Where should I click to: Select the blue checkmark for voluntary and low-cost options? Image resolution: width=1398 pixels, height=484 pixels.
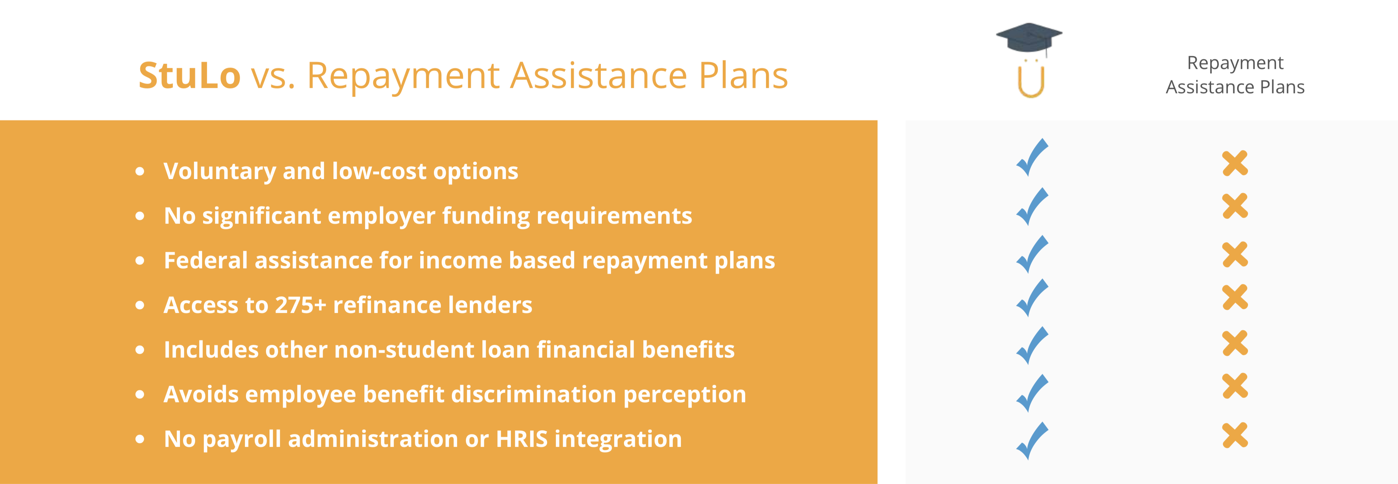tap(1032, 157)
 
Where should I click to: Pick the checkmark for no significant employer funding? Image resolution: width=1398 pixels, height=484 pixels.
tap(1032, 206)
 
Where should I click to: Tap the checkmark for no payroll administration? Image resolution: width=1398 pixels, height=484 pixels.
tap(1032, 440)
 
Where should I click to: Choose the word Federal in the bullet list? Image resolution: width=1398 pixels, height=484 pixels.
tap(206, 260)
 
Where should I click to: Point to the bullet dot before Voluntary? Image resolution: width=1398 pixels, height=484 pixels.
tap(140, 172)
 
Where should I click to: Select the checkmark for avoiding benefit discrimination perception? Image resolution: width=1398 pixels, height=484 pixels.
tap(1032, 393)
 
